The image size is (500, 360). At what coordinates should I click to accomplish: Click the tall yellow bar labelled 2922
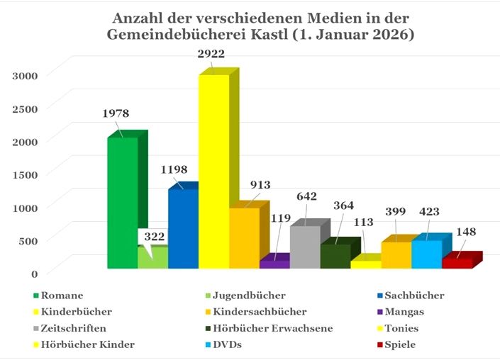click(x=213, y=170)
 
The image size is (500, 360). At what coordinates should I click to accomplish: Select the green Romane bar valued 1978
click(x=122, y=203)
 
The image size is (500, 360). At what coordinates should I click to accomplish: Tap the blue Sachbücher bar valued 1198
click(x=183, y=228)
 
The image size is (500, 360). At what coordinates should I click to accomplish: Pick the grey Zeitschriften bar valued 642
click(x=305, y=247)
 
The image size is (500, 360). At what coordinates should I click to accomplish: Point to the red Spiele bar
click(x=457, y=263)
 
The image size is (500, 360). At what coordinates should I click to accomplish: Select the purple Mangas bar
click(x=274, y=264)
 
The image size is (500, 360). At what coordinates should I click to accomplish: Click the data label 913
click(x=260, y=185)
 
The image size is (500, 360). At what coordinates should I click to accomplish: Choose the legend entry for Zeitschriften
click(x=74, y=328)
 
